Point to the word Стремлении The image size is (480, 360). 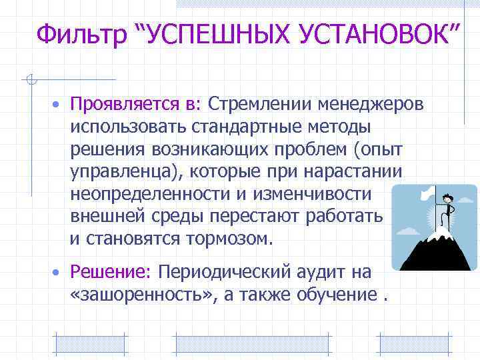point(260,105)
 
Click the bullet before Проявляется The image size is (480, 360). point(59,106)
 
